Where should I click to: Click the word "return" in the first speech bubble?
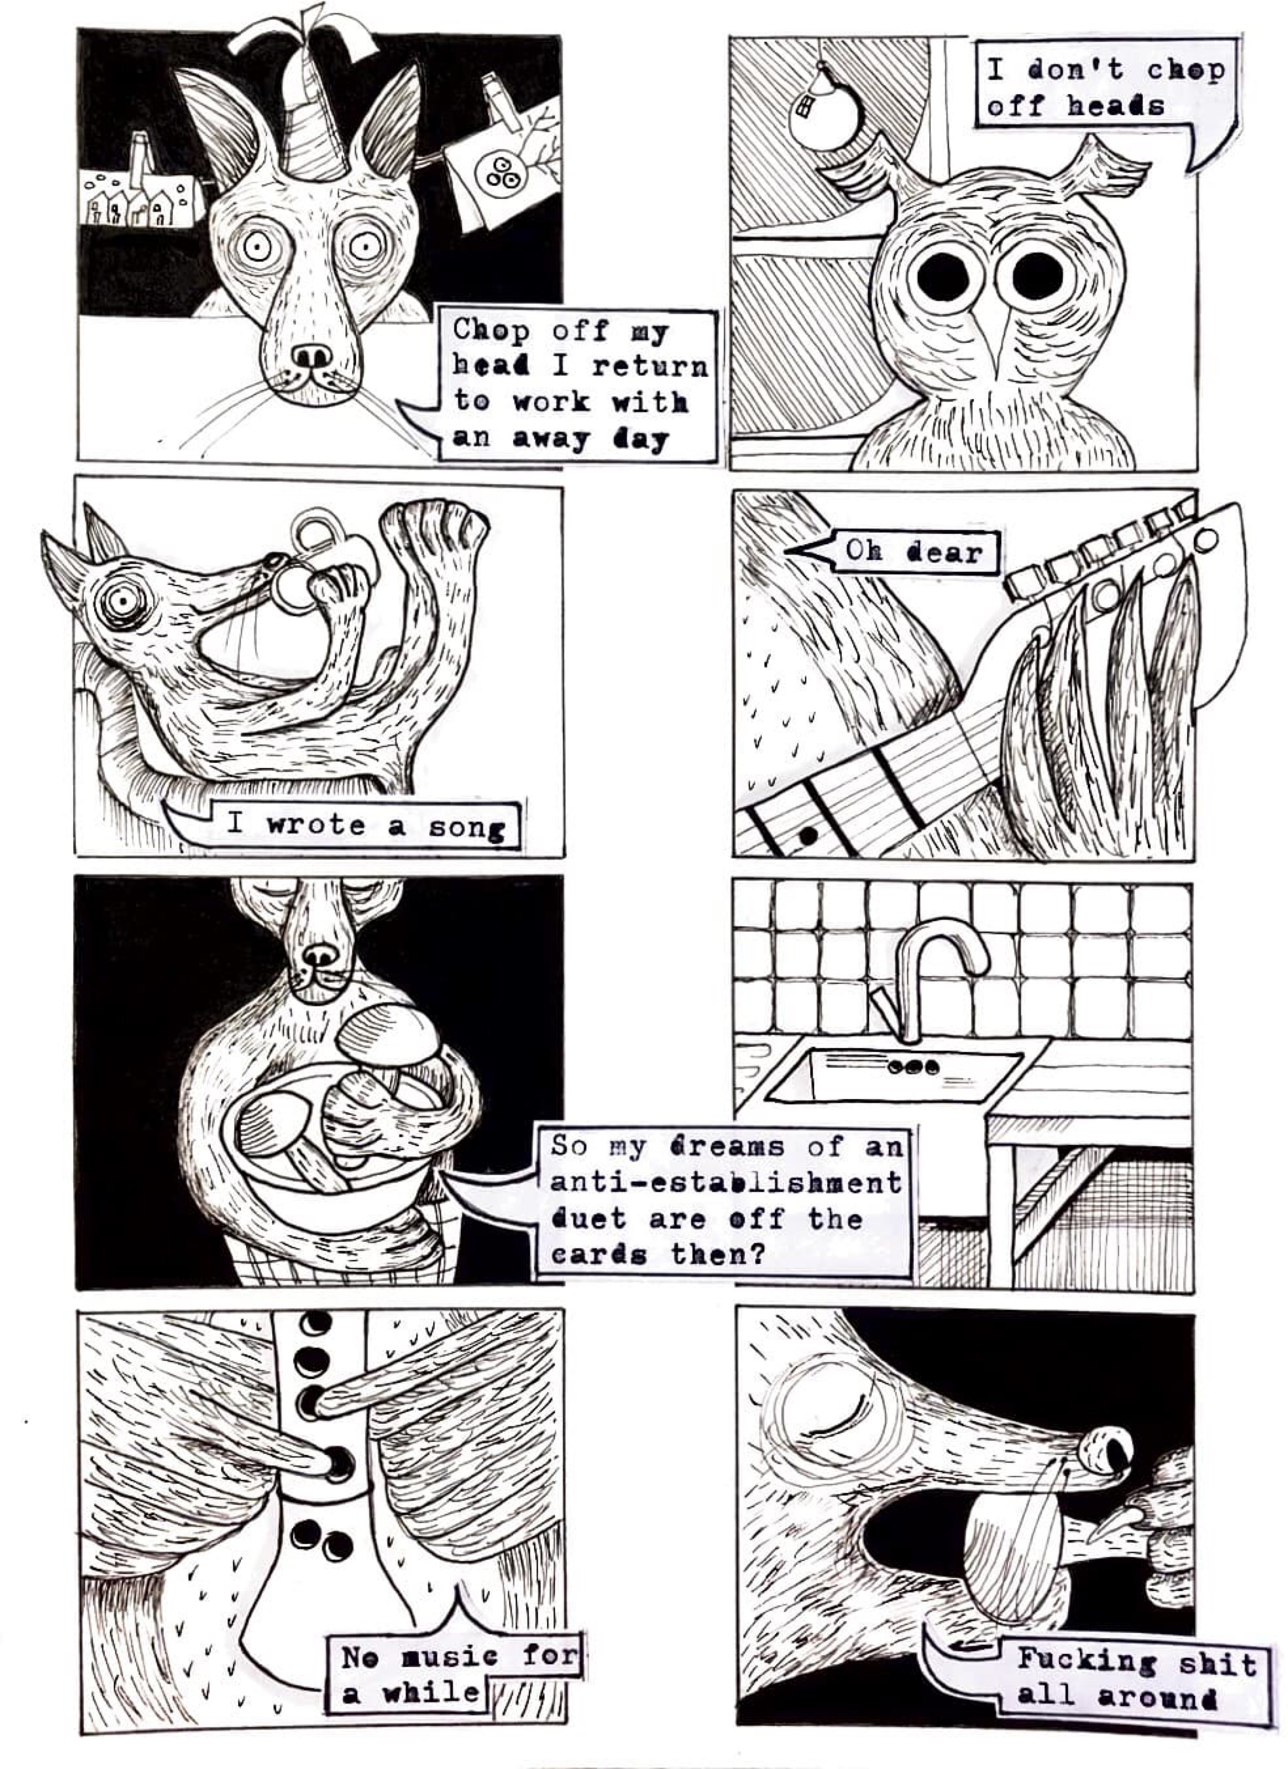tap(649, 365)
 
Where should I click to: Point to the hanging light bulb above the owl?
tap(824, 109)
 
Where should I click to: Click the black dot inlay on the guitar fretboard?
tap(808, 836)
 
